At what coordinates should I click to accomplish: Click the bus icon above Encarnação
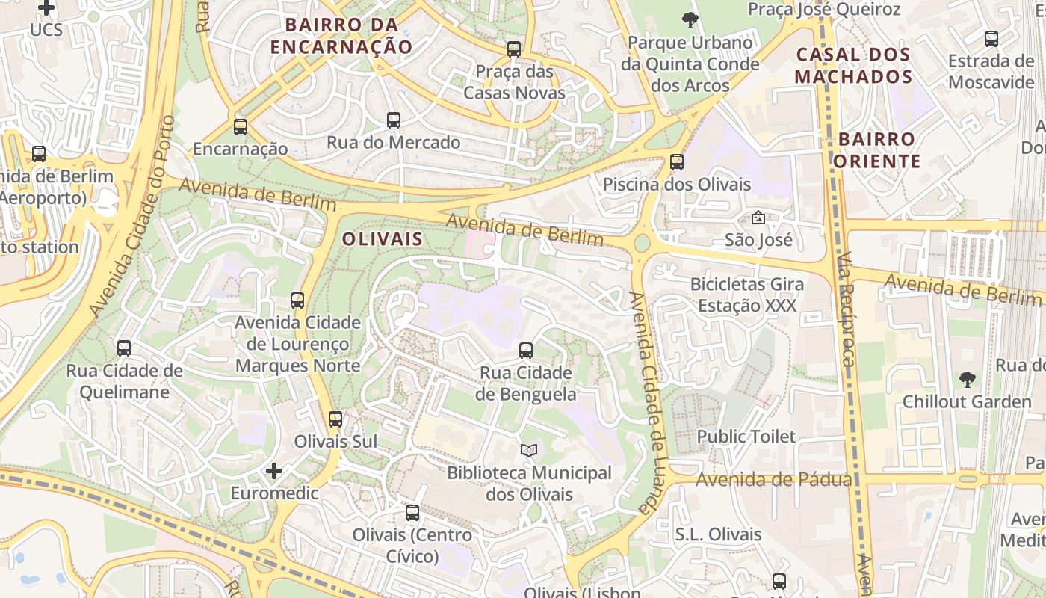tap(240, 127)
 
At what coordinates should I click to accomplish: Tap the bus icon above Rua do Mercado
tap(394, 120)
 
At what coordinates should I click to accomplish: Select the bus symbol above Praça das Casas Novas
tap(514, 49)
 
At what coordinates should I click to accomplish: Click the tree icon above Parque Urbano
tap(690, 20)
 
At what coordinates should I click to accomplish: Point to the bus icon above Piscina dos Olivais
tap(677, 161)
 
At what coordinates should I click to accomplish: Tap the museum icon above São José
tap(758, 218)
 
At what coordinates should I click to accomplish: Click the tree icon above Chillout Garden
tap(968, 379)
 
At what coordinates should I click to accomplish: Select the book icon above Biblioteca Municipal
tap(529, 450)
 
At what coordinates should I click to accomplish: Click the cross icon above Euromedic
tap(274, 471)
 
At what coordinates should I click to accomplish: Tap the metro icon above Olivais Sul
tap(335, 419)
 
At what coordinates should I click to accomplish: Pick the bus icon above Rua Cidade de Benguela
tap(526, 350)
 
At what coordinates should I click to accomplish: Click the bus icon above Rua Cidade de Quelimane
tap(124, 348)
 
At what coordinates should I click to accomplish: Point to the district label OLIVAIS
tap(383, 239)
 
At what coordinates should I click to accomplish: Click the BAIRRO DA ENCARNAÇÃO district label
tap(341, 35)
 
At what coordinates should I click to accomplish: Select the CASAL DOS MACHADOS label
tap(853, 65)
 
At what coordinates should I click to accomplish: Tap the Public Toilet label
tap(746, 436)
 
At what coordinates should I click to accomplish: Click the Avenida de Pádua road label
tap(773, 479)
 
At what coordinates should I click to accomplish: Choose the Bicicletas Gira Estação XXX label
tap(747, 295)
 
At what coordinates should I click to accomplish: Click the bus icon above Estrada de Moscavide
tap(991, 39)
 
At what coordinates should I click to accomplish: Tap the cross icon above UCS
tap(46, 8)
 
